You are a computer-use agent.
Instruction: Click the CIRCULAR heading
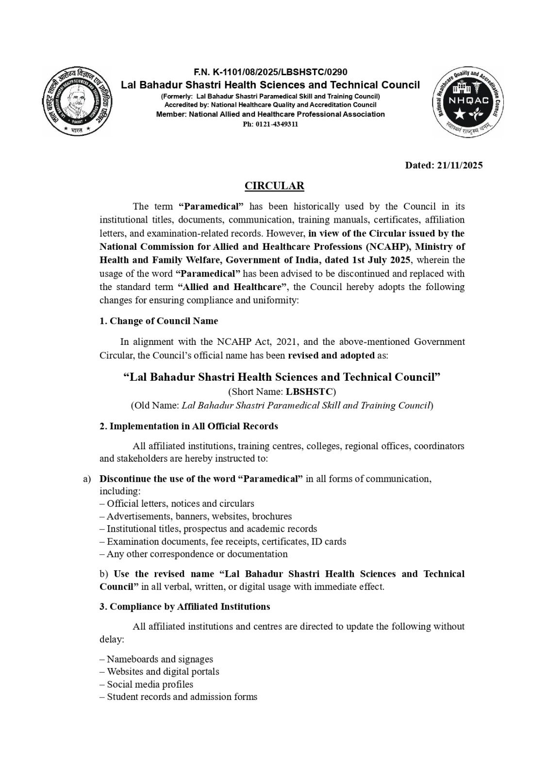[274, 185]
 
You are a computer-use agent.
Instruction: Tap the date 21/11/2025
[459, 165]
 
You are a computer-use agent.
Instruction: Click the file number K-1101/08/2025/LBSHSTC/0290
[277, 72]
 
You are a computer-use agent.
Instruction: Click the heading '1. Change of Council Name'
[159, 321]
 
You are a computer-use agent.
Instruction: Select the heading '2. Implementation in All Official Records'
[189, 426]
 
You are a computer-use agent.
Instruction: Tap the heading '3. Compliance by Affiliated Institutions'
[184, 606]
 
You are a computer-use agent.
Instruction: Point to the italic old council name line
[282, 405]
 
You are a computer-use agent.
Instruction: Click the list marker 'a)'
[87, 479]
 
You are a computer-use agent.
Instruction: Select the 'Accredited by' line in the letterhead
[270, 104]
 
